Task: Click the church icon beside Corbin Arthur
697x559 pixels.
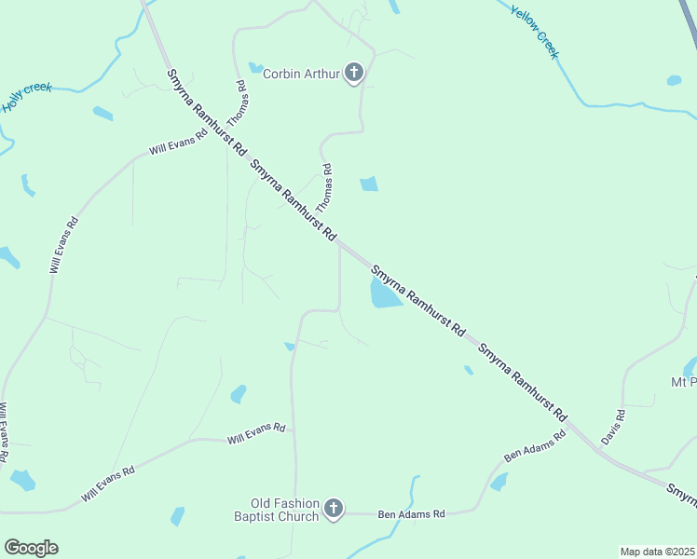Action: point(354,72)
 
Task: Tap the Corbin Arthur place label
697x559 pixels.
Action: point(302,73)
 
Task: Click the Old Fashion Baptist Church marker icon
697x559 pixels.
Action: point(334,508)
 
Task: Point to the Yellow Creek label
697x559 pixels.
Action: point(535,32)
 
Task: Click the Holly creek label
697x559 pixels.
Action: point(26,97)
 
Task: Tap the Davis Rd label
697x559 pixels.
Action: point(613,426)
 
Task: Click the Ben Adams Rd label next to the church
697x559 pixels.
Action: point(411,513)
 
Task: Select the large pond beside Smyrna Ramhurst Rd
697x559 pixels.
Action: point(385,293)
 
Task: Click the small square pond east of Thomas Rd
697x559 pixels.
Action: point(369,184)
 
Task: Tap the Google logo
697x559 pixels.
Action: point(31,548)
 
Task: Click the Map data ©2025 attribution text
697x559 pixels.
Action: point(657,552)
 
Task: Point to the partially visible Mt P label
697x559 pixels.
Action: point(683,382)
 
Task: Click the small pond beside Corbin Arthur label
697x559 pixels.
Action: point(255,67)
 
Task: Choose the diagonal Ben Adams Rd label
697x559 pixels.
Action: point(535,446)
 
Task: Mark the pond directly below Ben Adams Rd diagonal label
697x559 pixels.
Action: point(499,482)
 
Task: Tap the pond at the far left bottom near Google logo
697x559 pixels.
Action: point(22,481)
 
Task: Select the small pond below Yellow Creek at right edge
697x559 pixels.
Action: point(674,80)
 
